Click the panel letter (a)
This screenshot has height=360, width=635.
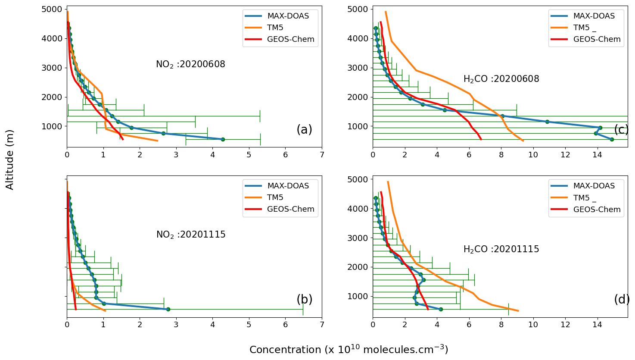click(304, 130)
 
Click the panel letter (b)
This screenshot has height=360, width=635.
click(304, 300)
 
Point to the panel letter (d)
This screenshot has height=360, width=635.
click(622, 300)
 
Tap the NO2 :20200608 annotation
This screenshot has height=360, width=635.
click(190, 65)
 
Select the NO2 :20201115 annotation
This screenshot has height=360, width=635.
click(191, 235)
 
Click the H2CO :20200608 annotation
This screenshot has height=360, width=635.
click(501, 79)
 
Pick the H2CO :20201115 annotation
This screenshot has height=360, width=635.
click(501, 250)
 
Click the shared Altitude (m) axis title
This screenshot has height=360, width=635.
click(10, 160)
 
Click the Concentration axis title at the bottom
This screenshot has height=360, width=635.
click(349, 350)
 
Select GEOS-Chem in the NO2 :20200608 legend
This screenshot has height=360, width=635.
click(290, 39)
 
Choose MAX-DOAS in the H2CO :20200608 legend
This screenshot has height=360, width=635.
click(594, 16)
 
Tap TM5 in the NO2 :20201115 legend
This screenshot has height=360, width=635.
click(275, 197)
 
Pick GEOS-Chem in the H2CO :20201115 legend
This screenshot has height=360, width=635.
click(597, 210)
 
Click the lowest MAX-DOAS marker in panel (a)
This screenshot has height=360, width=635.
click(223, 139)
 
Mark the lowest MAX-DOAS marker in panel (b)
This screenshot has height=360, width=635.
click(168, 309)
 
